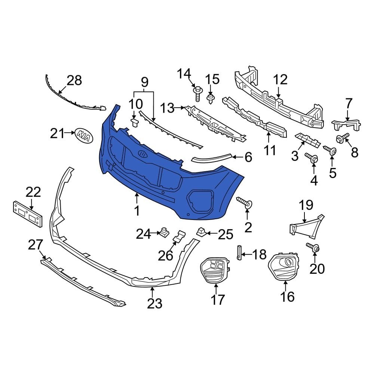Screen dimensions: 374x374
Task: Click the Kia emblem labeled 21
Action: click(x=84, y=135)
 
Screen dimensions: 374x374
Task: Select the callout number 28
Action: click(x=74, y=80)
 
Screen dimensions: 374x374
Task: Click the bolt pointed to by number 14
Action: click(x=197, y=93)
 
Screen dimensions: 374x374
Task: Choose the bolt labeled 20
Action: click(x=313, y=247)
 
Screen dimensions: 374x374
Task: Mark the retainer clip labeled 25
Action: click(x=201, y=232)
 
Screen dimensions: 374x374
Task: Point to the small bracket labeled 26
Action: click(x=179, y=236)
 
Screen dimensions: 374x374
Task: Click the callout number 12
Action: click(x=280, y=79)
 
